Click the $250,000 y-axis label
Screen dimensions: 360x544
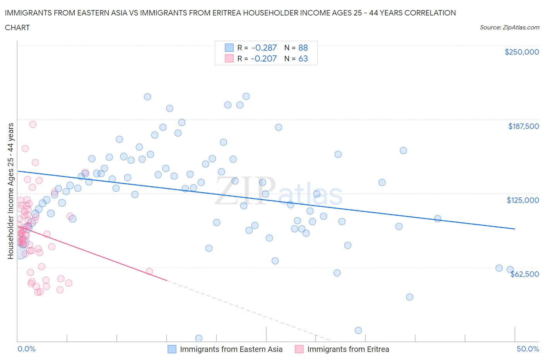tap(522, 52)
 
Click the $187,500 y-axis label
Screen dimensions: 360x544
tap(523, 126)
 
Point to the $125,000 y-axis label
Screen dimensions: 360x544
tap(523, 200)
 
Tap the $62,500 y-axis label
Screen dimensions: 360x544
tap(525, 274)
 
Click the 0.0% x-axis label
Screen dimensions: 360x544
tap(26, 349)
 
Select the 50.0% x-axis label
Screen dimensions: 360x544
tap(528, 349)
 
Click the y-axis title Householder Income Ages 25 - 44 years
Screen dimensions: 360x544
tap(11, 191)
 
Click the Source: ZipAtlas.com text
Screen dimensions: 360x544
tap(510, 27)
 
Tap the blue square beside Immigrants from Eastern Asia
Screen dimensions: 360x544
tap(172, 349)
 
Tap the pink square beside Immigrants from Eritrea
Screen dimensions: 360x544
tap(299, 349)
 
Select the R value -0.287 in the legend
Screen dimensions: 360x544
tap(264, 48)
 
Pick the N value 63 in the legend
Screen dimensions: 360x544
tap(303, 58)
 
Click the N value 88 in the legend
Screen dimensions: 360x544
tap(303, 48)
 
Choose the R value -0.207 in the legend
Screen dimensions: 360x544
tap(264, 58)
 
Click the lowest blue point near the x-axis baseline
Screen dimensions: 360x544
tap(198, 338)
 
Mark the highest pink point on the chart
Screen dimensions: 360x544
tap(33, 124)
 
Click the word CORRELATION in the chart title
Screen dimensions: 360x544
tap(430, 13)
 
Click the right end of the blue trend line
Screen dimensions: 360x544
tap(515, 229)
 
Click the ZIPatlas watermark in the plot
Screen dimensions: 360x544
tap(279, 192)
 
